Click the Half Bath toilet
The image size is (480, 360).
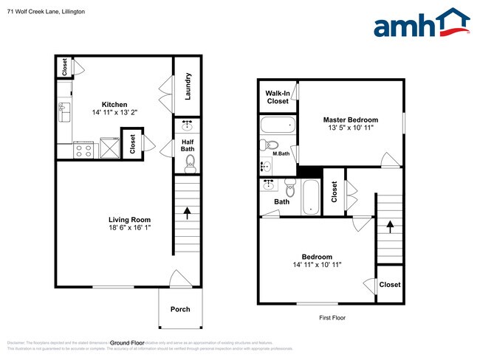189,162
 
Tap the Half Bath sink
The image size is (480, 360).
188,125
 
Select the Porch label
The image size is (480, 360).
180,309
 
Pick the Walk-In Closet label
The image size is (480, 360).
277,97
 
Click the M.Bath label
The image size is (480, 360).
281,154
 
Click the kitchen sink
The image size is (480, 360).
63,112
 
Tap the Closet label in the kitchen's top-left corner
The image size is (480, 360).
65,67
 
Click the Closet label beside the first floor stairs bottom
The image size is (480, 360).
389,285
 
